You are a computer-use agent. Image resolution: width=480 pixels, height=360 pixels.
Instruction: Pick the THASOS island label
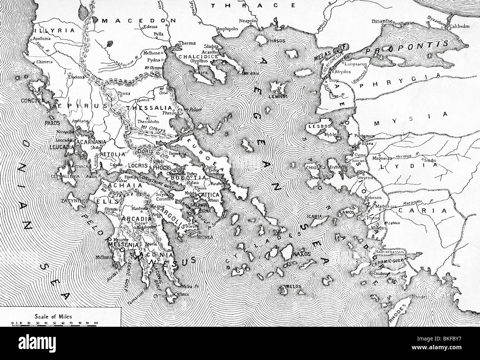click(x=276, y=41)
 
